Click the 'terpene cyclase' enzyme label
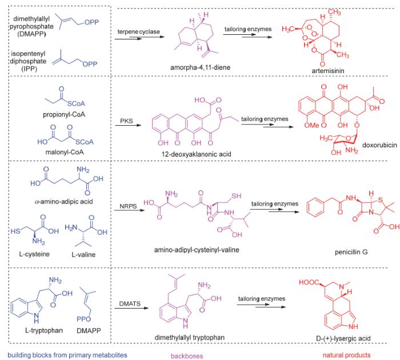[x=138, y=31]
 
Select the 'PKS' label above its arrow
[x=126, y=121]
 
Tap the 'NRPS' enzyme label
[x=128, y=206]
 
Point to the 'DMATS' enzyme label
[x=130, y=303]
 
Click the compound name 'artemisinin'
[x=328, y=71]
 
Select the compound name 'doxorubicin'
[x=379, y=145]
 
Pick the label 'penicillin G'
[x=351, y=252]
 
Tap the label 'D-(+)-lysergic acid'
[x=343, y=338]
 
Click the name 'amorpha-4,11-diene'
[x=200, y=67]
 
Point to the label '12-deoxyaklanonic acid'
[x=197, y=154]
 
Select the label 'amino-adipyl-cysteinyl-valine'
[x=197, y=250]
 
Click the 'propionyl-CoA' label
[x=64, y=114]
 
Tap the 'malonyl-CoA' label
[x=65, y=152]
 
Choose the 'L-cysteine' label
[x=34, y=254]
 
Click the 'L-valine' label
[x=83, y=254]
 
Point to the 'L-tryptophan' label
[x=44, y=330]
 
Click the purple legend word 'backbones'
[x=187, y=356]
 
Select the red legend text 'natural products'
[x=346, y=355]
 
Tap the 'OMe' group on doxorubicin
[x=311, y=125]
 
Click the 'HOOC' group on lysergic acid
[x=309, y=282]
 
